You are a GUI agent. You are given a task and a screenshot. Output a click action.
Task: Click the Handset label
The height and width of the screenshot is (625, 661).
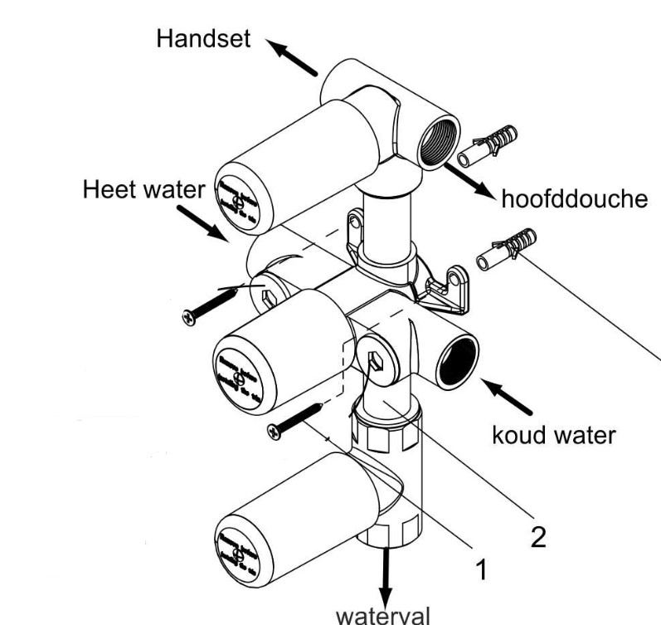click(203, 40)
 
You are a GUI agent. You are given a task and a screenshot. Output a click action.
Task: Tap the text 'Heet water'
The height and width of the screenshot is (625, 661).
click(143, 190)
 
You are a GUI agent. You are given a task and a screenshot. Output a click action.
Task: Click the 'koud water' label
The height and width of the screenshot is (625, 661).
click(554, 434)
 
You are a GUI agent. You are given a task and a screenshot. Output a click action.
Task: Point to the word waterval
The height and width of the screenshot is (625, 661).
click(383, 615)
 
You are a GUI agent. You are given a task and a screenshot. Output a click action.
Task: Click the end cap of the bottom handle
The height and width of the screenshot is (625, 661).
click(238, 550)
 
